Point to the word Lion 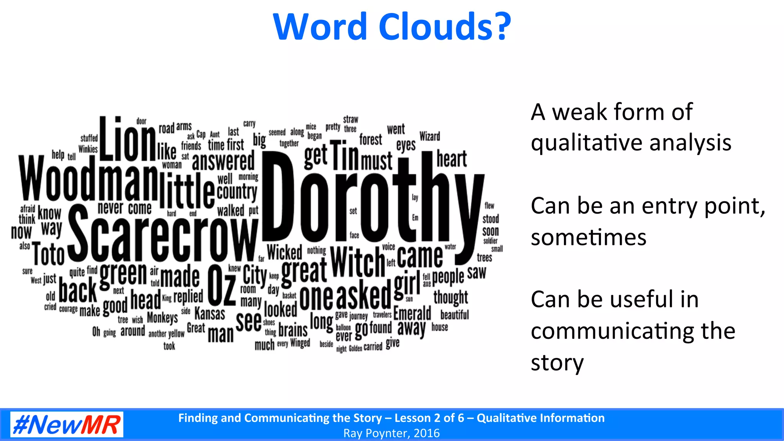[127, 140]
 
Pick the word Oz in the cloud [222, 285]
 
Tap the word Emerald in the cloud [412, 314]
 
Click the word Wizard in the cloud [430, 136]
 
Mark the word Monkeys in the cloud [162, 317]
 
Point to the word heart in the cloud [452, 159]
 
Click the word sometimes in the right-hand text [588, 237]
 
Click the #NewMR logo [67, 424]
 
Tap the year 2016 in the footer [426, 433]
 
